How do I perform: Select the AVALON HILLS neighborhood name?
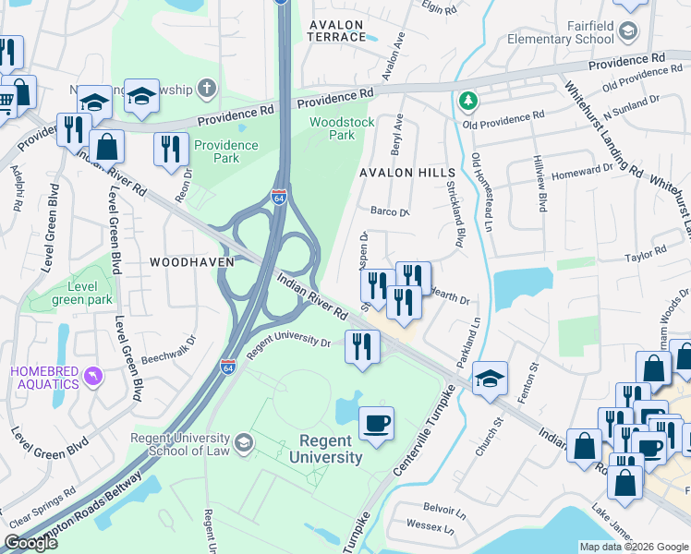pos(407,173)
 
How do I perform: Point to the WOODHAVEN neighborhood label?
pos(188,262)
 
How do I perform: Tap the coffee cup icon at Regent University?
pos(376,424)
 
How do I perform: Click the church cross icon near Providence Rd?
pos(208,90)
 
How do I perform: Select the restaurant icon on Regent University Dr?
pos(361,346)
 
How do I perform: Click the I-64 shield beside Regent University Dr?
pos(228,367)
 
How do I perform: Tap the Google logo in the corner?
pos(30,543)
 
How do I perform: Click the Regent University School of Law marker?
pos(243,442)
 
